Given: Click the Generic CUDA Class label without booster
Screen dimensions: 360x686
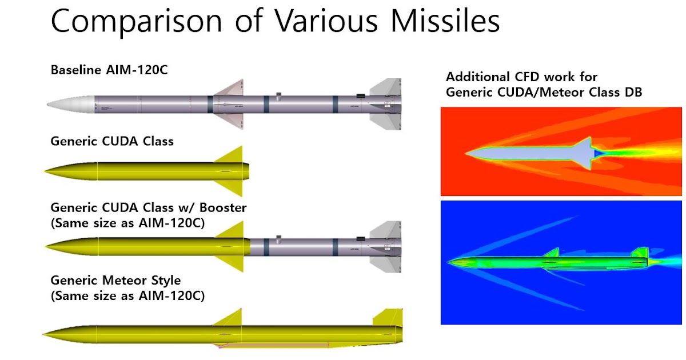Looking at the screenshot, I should click(x=112, y=141).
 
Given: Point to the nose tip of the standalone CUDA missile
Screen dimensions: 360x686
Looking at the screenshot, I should click(x=47, y=170).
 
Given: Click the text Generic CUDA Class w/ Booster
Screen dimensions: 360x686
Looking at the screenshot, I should click(x=149, y=207).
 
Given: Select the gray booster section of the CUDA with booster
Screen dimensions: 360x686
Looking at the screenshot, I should click(x=309, y=247).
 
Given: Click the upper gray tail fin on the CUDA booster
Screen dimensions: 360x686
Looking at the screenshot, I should click(x=385, y=230).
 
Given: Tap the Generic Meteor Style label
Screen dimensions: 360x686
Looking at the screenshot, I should click(x=116, y=281).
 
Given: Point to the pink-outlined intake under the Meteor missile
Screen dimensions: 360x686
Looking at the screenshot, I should click(x=274, y=345).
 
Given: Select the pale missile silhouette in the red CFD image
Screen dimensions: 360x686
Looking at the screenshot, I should click(x=532, y=151).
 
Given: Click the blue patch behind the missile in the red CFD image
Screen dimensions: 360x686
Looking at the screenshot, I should click(x=598, y=153).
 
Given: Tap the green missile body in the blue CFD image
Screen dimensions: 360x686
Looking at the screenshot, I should click(x=543, y=262).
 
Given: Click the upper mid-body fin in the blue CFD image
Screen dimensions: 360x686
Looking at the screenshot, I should click(x=552, y=253).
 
